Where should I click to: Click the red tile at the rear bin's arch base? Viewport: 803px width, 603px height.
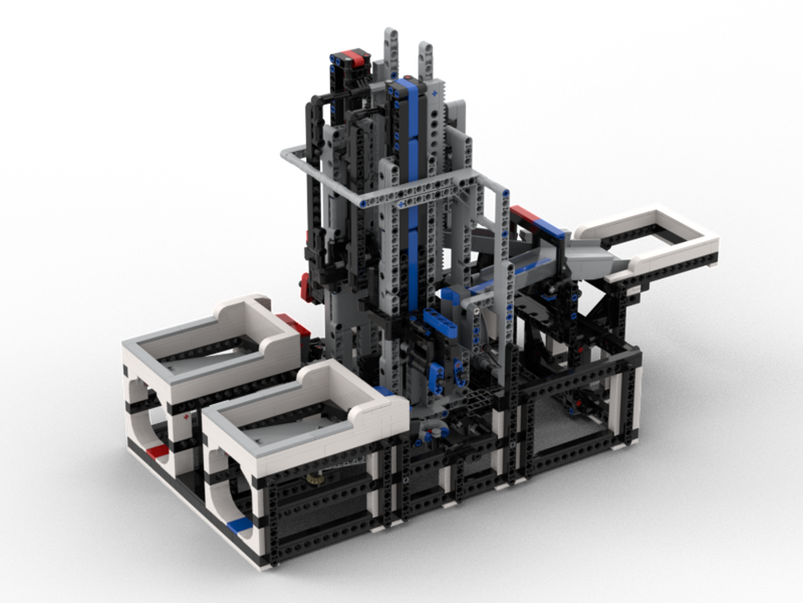[x=158, y=451]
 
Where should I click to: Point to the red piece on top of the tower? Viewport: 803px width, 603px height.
[x=351, y=57]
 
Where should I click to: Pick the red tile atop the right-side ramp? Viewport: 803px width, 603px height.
[x=527, y=215]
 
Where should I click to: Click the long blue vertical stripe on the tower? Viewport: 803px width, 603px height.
[x=413, y=201]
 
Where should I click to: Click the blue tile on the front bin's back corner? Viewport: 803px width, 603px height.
[x=385, y=391]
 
